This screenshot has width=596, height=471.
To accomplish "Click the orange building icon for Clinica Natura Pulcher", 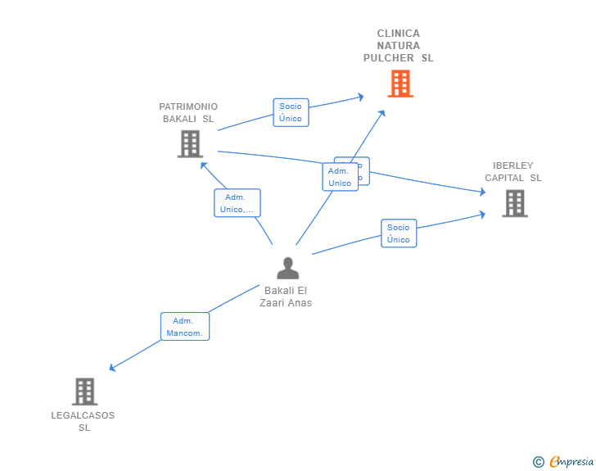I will coord(400,84).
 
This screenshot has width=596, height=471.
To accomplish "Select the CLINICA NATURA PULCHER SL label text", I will coord(399,46).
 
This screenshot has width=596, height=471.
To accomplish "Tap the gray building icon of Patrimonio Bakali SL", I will coord(190,144).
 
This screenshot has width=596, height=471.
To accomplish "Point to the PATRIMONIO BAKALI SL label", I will coord(188,112).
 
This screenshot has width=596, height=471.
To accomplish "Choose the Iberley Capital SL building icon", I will coord(514,203).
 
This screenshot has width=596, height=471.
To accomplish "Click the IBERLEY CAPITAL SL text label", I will coord(513,171).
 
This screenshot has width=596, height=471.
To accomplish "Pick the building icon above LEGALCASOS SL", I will coord(84,392).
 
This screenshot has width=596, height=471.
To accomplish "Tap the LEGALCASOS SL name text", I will coord(84,421).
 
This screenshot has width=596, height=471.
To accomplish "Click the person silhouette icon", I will coord(287,268).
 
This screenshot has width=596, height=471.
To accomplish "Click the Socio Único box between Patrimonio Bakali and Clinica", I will coord(290,112).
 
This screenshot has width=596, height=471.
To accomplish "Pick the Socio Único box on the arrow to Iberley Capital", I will coord(399,233).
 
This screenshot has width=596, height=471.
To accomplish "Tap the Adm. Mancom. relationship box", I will coord(184,327).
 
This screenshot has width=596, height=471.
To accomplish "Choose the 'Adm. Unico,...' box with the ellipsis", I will coord(237,203).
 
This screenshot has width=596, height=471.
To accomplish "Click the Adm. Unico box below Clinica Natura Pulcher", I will coord(340,177).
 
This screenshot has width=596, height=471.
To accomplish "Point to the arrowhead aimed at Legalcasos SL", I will coord(113,369).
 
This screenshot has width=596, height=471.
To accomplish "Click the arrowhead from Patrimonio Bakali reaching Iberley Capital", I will coord(482,192).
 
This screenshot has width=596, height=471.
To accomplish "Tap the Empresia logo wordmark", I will coord(571,461).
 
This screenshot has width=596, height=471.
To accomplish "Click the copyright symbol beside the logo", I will coord(538,462).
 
